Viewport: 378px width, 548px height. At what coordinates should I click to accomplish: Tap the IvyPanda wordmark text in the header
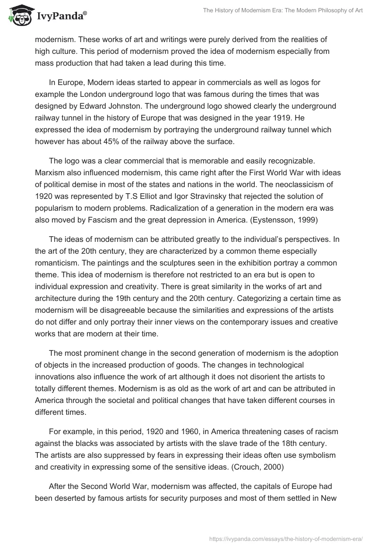pyautogui.click(x=61, y=16)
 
